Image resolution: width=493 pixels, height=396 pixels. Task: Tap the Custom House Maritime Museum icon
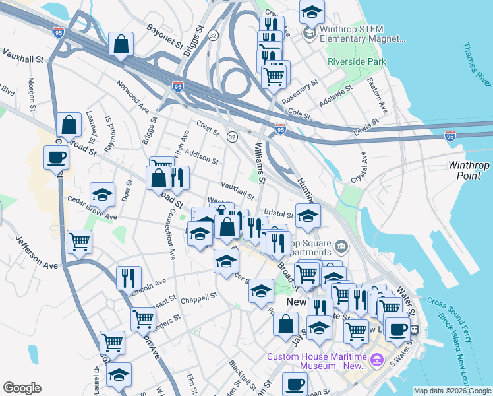(x=376, y=361)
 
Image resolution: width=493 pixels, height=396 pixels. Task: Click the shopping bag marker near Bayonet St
(x=121, y=46)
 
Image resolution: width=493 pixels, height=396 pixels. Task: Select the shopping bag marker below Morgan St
(x=69, y=124)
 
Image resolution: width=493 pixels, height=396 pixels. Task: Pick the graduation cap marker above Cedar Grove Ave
(x=102, y=195)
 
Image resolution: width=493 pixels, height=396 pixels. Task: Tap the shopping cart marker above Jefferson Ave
(x=79, y=242)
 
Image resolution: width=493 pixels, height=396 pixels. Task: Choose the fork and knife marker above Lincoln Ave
(x=129, y=277)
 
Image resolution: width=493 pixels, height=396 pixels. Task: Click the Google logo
(x=22, y=387)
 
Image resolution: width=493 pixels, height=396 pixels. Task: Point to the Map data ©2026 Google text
(x=451, y=391)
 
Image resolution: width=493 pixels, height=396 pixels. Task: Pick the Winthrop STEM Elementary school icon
(x=308, y=32)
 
